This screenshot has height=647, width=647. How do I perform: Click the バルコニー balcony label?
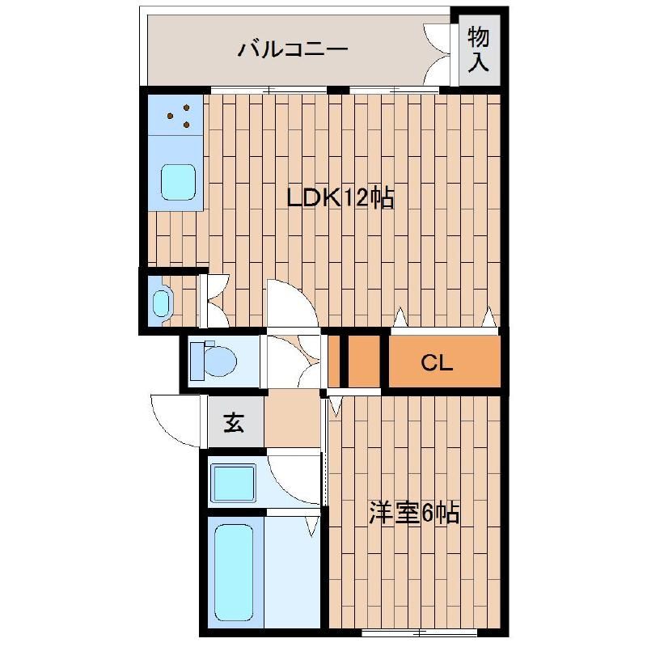tap(292, 49)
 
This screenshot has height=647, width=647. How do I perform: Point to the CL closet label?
tap(437, 363)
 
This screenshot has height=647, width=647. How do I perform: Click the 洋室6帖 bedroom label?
tap(414, 513)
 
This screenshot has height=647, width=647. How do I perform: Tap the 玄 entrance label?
tap(234, 422)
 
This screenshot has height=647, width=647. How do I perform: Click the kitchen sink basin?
tap(178, 182)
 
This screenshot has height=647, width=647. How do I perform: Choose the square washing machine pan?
tap(234, 482)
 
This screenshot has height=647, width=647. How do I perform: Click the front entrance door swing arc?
tap(174, 421)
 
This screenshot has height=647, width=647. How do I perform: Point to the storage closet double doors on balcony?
tap(437, 53)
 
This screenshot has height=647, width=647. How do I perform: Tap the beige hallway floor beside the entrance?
tap(293, 421)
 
